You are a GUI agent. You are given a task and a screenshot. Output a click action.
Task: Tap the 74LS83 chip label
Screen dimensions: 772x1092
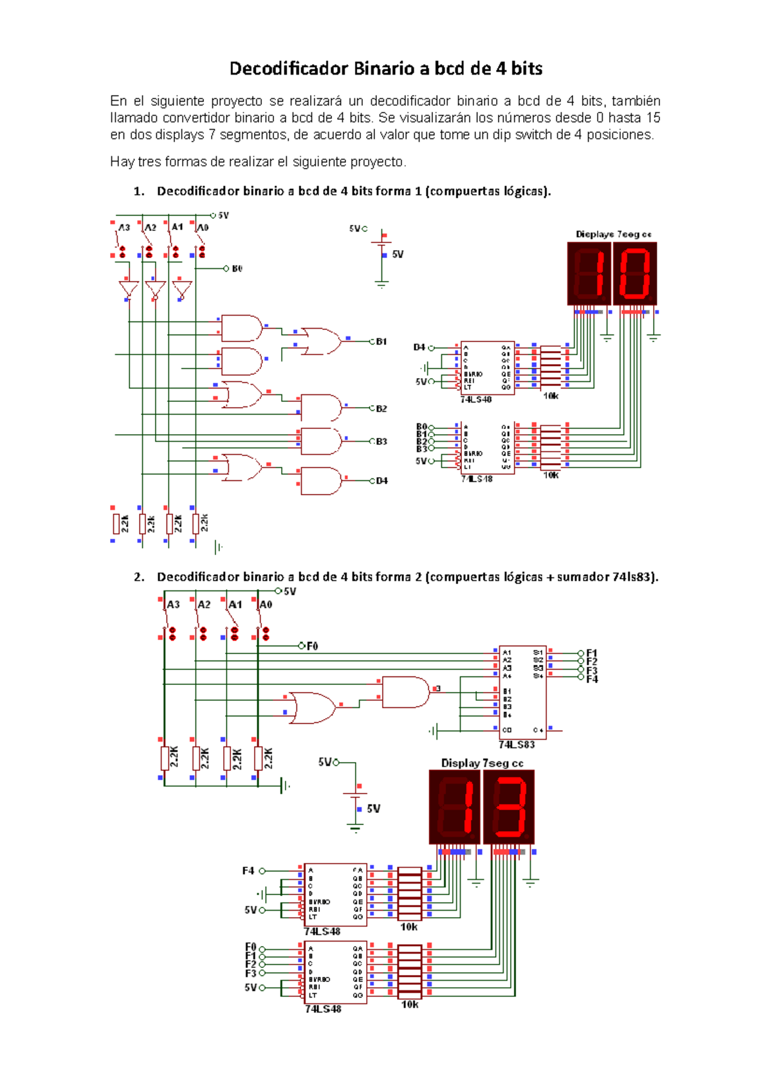(517, 745)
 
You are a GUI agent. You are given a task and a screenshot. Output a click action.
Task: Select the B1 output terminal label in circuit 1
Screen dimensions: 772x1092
(381, 341)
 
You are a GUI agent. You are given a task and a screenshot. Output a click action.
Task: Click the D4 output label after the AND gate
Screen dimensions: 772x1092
(382, 480)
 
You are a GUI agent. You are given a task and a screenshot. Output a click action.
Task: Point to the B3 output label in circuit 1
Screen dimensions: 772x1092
(381, 442)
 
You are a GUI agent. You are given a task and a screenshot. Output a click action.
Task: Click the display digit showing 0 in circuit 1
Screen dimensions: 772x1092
(635, 273)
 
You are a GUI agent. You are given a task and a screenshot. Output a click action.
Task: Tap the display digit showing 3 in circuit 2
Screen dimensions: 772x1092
(508, 807)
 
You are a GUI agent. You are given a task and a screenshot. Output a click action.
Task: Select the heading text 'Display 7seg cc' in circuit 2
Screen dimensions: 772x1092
(482, 763)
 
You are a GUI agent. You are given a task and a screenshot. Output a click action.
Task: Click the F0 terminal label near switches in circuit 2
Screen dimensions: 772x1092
(312, 646)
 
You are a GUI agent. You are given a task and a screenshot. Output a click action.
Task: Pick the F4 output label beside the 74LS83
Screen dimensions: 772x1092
(592, 679)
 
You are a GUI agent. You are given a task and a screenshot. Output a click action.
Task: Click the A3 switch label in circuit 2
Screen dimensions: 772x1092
(173, 605)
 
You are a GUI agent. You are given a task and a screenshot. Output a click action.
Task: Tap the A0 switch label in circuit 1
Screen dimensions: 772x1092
(203, 228)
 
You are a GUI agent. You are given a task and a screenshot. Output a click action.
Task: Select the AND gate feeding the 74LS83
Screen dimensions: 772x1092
(405, 692)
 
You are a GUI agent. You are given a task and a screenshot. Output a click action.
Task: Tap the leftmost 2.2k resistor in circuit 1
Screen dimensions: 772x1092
(116, 523)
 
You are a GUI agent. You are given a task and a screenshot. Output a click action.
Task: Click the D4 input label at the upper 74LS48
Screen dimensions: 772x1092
(419, 347)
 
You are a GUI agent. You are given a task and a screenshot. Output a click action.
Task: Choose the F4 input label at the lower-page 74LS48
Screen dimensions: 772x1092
(248, 871)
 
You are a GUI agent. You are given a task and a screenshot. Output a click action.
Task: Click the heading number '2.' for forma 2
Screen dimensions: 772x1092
(139, 577)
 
